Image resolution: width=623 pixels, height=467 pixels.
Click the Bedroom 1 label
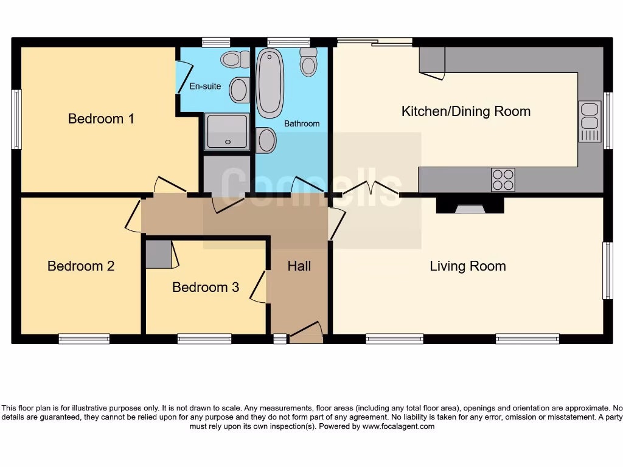(x=101, y=119)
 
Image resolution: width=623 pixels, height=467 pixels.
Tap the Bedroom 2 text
(x=81, y=266)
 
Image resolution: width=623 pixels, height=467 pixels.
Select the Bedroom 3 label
(x=206, y=287)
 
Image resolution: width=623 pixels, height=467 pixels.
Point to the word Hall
(x=299, y=266)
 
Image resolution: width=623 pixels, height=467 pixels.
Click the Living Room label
(x=467, y=266)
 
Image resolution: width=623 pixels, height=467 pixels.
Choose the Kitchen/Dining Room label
(x=466, y=111)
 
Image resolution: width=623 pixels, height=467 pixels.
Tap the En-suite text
(x=205, y=86)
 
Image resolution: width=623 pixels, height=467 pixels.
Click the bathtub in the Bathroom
(x=270, y=83)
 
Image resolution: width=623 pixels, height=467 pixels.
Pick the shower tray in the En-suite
(x=226, y=131)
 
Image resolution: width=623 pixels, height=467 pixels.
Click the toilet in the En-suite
(x=235, y=60)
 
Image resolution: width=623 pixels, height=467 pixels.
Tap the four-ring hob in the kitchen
(x=503, y=180)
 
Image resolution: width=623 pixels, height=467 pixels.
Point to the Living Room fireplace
(x=470, y=207)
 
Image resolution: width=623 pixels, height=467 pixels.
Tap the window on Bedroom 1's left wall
(x=16, y=119)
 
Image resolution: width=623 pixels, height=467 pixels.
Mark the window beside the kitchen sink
(x=608, y=121)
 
